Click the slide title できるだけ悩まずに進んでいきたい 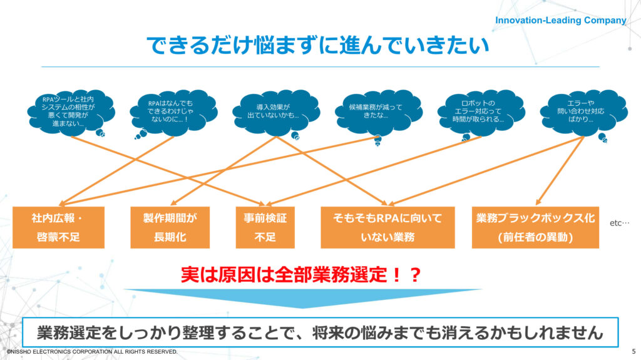coord(317,45)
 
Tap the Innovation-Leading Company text coord(560,21)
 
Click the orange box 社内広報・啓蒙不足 coord(58,227)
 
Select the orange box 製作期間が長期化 coord(170,227)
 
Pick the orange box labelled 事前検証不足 coord(265,227)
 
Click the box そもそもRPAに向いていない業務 coord(387,227)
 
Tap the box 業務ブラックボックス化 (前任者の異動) coord(536,227)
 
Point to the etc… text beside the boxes coord(619,223)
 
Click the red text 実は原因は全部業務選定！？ coord(301,274)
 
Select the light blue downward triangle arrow coord(302,296)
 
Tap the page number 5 coord(633,351)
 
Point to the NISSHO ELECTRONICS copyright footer coord(92,351)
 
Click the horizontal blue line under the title coord(320,67)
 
